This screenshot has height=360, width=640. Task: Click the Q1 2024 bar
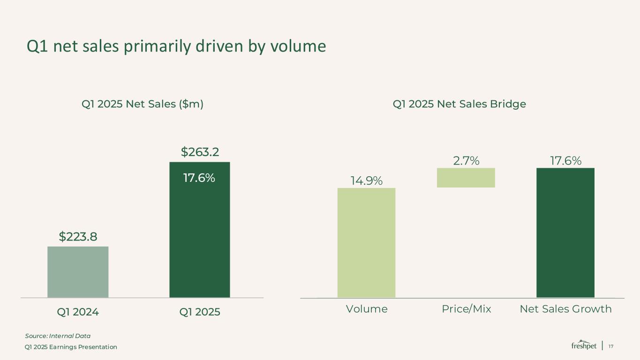78,272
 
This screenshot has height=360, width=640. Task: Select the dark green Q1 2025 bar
199,234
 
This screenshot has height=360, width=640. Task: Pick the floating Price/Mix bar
466,178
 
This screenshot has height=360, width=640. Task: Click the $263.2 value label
200,152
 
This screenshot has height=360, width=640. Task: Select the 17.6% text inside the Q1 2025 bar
199,178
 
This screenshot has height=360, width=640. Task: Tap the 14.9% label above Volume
366,180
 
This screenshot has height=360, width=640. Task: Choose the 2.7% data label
466,161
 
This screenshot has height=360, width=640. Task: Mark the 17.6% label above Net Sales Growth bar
565,161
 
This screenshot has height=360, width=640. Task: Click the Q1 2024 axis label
78,312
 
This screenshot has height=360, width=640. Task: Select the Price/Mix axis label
466,309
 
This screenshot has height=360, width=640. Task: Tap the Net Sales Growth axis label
565,309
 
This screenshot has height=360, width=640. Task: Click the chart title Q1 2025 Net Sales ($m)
143,104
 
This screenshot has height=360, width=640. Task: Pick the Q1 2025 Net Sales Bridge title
459,104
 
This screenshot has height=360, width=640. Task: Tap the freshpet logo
584,345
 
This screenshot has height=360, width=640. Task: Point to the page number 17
610,346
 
